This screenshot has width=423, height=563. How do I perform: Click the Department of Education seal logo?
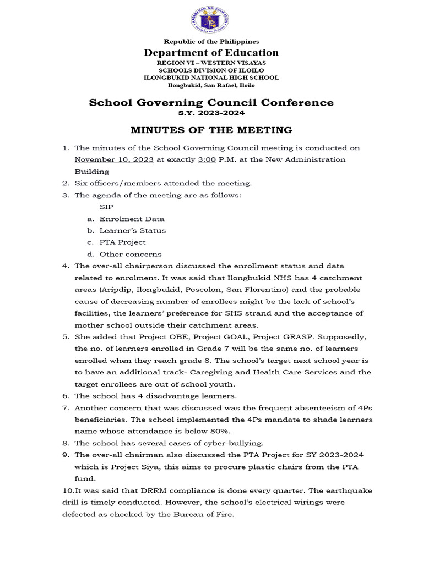pyautogui.click(x=211, y=20)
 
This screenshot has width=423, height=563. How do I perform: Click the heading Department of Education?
pyautogui.click(x=211, y=53)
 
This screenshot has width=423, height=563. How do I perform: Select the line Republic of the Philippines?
pyautogui.click(x=211, y=41)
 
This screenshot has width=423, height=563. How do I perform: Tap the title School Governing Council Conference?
pyautogui.click(x=211, y=103)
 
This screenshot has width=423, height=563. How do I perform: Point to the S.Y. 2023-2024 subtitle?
pyautogui.click(x=211, y=113)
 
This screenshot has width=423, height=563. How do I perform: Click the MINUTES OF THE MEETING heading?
pyautogui.click(x=211, y=130)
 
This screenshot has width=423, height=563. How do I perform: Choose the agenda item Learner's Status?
pyautogui.click(x=132, y=230)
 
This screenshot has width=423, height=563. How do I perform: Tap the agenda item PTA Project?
pyautogui.click(x=123, y=242)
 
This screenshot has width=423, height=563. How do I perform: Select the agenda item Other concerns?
pyautogui.click(x=131, y=254)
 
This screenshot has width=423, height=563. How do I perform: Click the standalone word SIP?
pyautogui.click(x=106, y=207)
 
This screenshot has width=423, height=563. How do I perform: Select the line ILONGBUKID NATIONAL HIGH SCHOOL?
pyautogui.click(x=211, y=78)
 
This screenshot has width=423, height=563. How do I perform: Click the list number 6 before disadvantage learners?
pyautogui.click(x=65, y=396)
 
